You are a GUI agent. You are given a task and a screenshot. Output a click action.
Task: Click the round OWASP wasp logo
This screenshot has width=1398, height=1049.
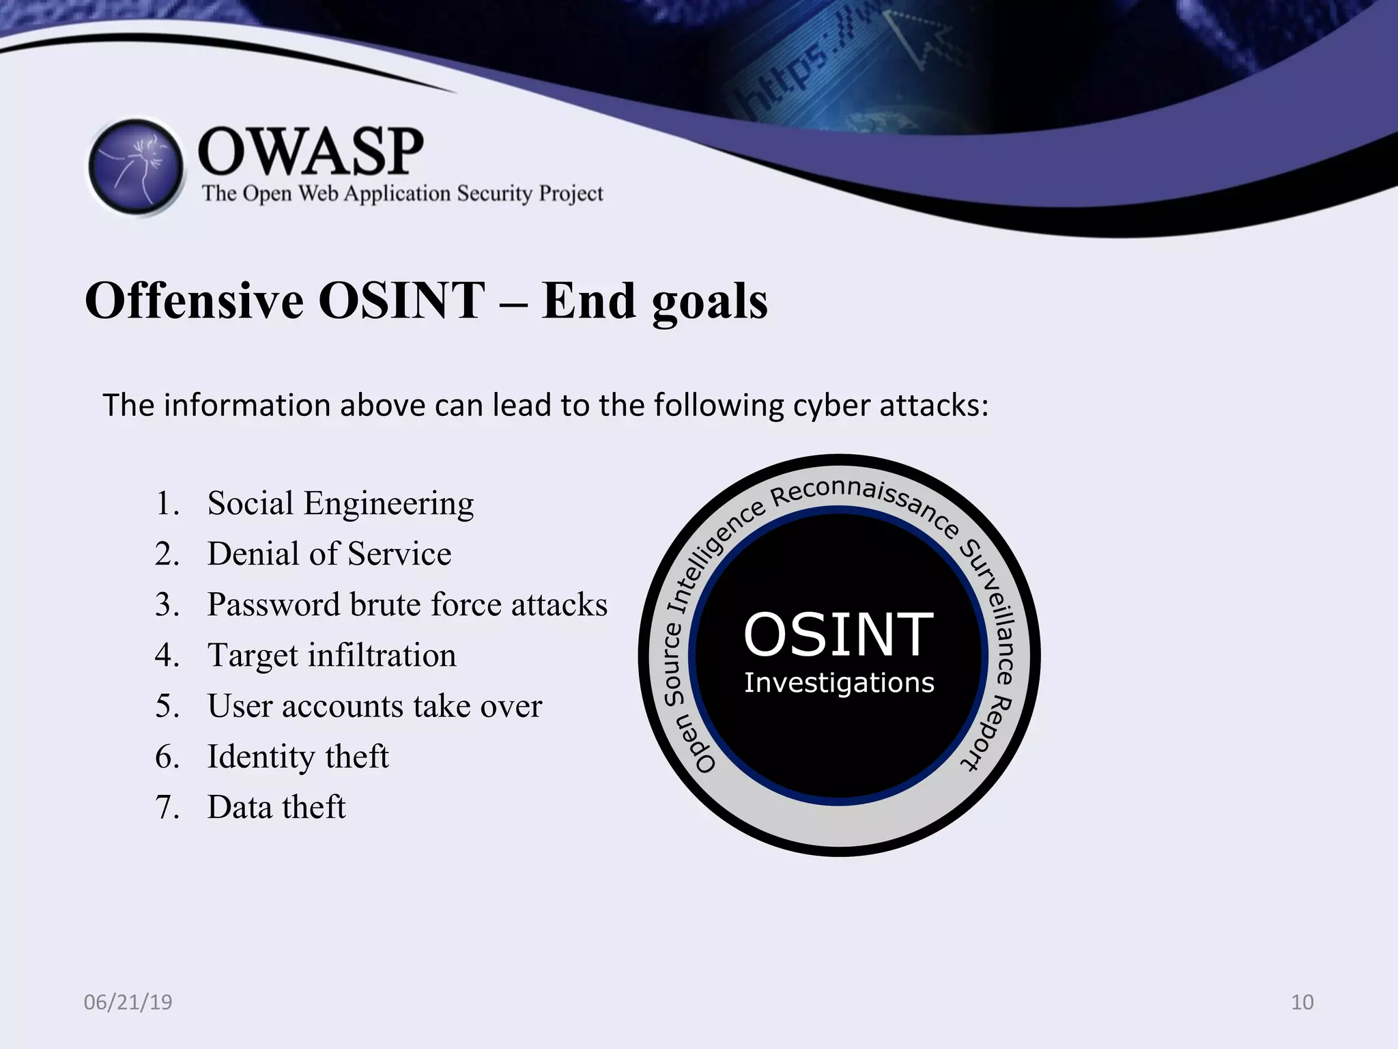pyautogui.click(x=137, y=167)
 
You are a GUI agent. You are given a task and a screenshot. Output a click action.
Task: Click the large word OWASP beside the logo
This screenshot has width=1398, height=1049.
pyautogui.click(x=311, y=152)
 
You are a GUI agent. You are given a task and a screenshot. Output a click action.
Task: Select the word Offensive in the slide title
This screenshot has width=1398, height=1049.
pyautogui.click(x=195, y=300)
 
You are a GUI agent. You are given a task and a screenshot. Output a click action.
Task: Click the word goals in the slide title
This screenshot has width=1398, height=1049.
pyautogui.click(x=710, y=302)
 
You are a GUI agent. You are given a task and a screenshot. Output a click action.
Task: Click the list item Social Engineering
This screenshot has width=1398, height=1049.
pyautogui.click(x=340, y=504)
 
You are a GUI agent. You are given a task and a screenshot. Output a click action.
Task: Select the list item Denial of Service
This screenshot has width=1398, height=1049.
pyautogui.click(x=329, y=554)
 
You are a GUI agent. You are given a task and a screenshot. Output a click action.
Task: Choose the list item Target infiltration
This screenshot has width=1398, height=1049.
pyautogui.click(x=332, y=656)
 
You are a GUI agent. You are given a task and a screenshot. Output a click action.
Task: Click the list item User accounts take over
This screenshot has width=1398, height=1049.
pyautogui.click(x=374, y=706)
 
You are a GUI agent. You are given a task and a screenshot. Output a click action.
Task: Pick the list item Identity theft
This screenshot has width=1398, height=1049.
pyautogui.click(x=298, y=757)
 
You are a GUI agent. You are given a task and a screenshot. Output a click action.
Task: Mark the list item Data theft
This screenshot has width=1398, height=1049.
pyautogui.click(x=276, y=807)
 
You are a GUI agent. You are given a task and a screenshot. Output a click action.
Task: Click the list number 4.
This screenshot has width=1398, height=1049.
pyautogui.click(x=166, y=656)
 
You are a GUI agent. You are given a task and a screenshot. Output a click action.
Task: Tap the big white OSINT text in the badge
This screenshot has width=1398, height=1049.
pyautogui.click(x=838, y=635)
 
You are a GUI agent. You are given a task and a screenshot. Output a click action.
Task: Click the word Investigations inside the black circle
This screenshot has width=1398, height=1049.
pyautogui.click(x=839, y=683)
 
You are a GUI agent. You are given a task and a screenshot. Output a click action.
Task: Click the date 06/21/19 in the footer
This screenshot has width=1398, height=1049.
pyautogui.click(x=128, y=1002)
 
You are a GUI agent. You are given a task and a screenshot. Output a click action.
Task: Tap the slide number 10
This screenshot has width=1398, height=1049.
pyautogui.click(x=1302, y=1002)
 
